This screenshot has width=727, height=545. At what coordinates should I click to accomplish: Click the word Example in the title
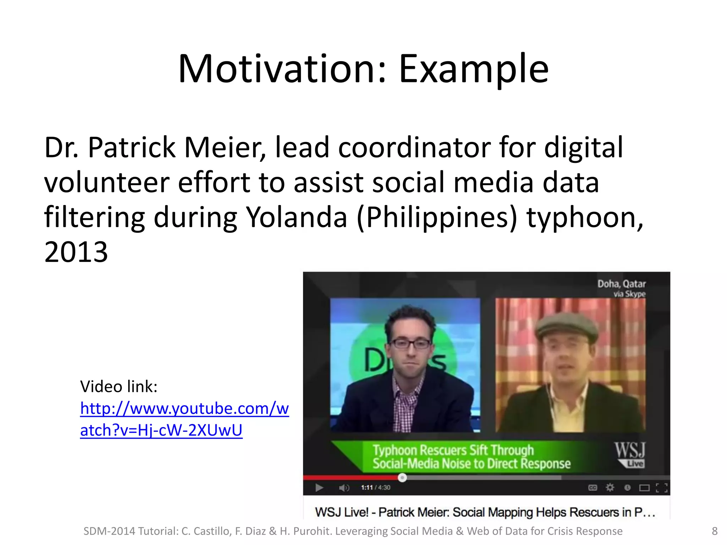[x=474, y=69]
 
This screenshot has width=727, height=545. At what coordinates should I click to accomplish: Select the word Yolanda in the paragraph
[x=296, y=217]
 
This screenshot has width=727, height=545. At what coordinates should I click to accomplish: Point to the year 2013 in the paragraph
[x=76, y=252]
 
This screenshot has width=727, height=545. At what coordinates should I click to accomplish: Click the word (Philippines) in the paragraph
[x=437, y=217]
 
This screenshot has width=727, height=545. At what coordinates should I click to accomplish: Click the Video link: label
[x=119, y=386]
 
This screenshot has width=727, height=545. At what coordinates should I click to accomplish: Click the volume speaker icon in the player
[x=344, y=488]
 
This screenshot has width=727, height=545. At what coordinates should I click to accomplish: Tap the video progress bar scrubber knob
[x=402, y=478]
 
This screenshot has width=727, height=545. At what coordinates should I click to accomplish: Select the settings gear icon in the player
[x=610, y=488]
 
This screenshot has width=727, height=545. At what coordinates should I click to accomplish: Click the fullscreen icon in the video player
[x=661, y=488]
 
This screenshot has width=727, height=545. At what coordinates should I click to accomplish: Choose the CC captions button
[x=592, y=488]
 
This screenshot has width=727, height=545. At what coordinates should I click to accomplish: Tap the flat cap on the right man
[x=567, y=326]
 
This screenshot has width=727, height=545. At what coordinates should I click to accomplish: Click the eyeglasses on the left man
[x=410, y=343]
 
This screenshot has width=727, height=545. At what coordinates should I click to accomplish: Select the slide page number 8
[x=715, y=531]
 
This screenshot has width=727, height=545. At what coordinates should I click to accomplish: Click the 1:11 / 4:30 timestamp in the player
[x=376, y=488]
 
